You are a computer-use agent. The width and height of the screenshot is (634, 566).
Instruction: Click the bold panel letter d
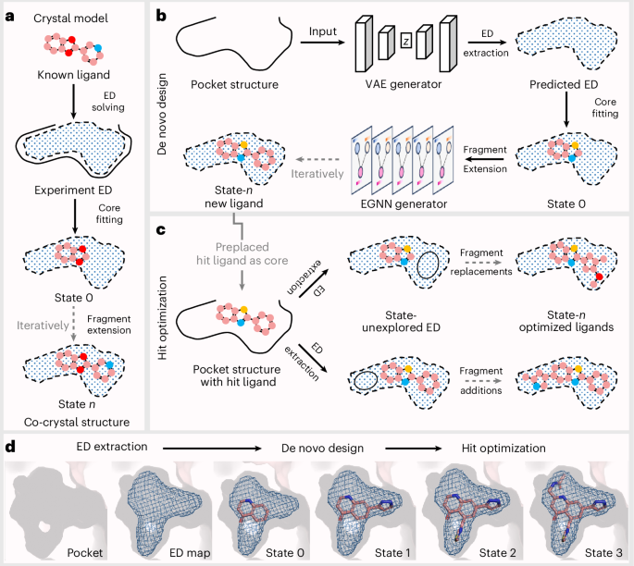pyautogui.click(x=9, y=448)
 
